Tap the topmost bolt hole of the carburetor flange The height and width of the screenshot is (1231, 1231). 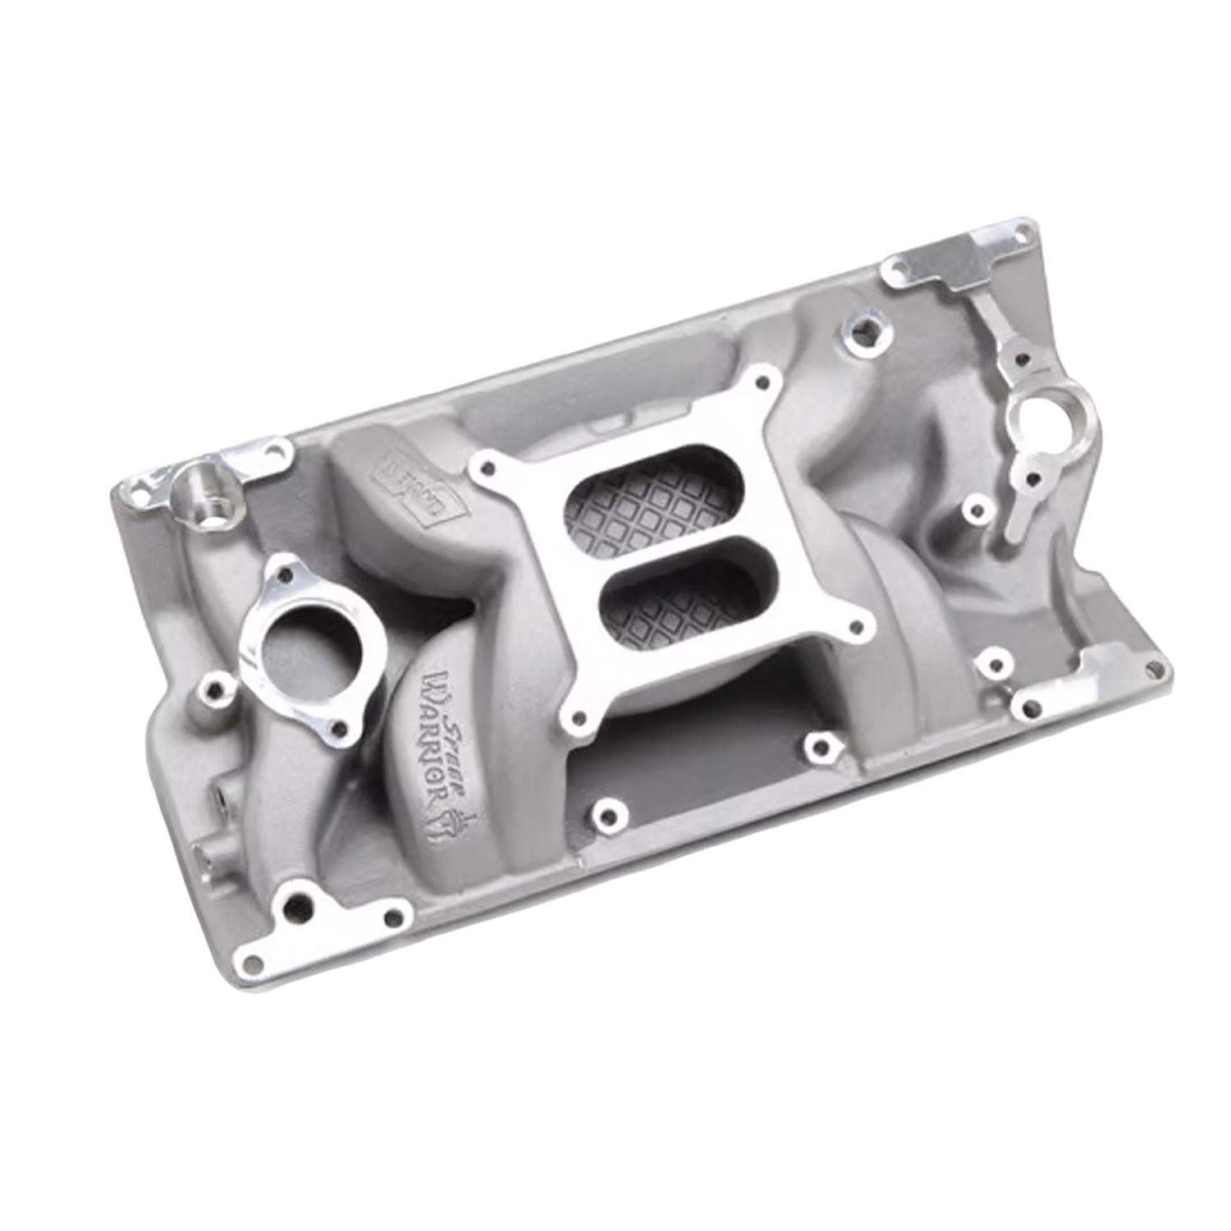pos(767,381)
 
